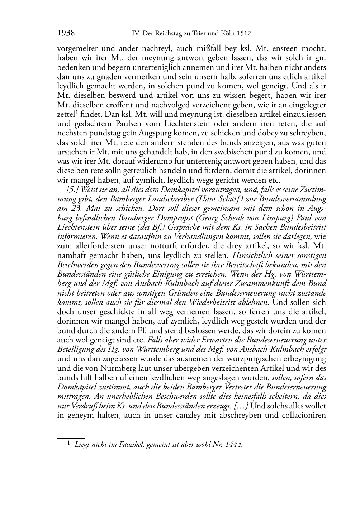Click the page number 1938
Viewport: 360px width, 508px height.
tap(66, 34)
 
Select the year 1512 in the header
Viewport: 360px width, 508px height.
tap(243, 34)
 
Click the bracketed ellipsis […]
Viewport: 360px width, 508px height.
tap(241, 406)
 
